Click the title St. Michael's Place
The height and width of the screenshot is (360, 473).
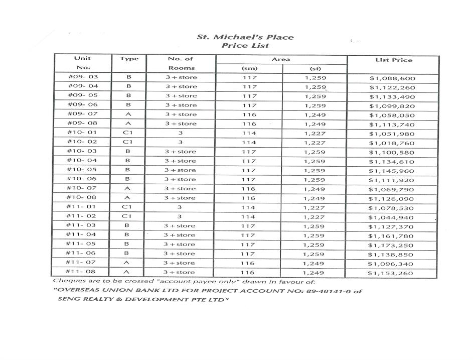[245, 37]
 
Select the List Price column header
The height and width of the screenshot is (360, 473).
[393, 60]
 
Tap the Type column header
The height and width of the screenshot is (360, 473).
[129, 59]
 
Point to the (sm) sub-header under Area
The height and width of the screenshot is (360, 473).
[249, 68]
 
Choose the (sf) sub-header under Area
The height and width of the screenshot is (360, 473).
[315, 68]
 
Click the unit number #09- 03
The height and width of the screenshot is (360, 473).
[82, 77]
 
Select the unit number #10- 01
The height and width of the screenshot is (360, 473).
[82, 133]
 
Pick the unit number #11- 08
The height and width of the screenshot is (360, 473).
[82, 272]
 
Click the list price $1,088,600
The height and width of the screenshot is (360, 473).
[392, 78]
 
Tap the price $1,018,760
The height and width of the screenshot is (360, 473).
[392, 143]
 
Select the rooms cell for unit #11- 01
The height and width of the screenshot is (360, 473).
[180, 207]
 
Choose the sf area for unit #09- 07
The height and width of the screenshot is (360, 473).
[315, 115]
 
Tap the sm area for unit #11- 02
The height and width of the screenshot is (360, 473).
[249, 217]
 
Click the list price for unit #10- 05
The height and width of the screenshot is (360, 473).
[392, 171]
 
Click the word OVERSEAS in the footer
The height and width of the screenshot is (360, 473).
[75, 291]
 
